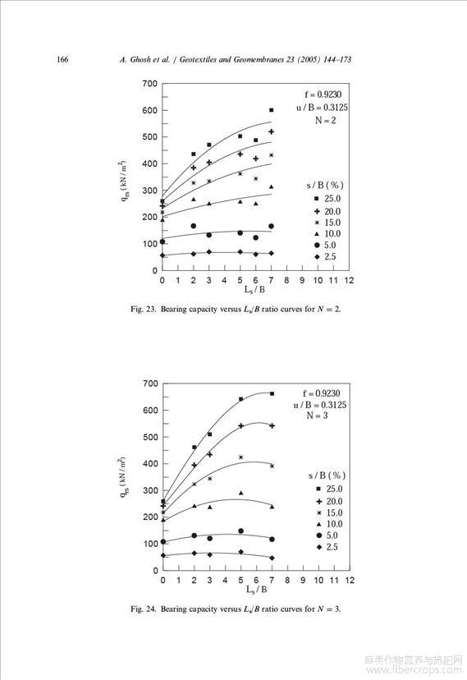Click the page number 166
(62, 59)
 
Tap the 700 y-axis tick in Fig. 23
(149, 84)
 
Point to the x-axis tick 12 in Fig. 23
(349, 281)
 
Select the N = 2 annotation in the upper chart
(325, 121)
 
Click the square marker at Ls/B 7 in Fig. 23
(272, 110)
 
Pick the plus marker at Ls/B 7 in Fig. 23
(272, 131)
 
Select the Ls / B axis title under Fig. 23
(254, 289)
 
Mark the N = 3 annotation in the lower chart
(317, 416)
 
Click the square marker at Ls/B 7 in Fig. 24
(272, 393)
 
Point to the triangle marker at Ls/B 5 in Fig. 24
(240, 493)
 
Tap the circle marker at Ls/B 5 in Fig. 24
(240, 531)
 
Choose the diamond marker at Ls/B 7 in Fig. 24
(272, 558)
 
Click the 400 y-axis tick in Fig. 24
(150, 463)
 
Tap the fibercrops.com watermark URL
(414, 670)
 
